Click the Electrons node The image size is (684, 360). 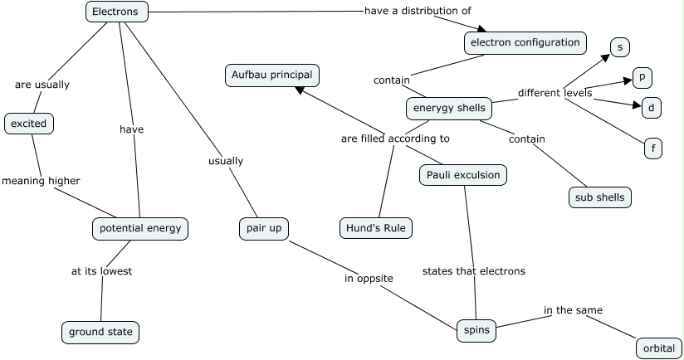[116, 12]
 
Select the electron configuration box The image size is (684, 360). [525, 42]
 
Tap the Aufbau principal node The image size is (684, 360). [271, 75]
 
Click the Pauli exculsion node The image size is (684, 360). [461, 175]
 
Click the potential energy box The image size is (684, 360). [140, 228]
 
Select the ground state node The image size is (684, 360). [100, 333]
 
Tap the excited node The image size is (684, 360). [29, 124]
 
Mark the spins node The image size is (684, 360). [476, 330]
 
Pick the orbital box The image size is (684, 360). [659, 348]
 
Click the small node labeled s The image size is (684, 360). [619, 46]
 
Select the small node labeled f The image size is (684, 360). [653, 149]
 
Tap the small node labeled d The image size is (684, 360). [652, 107]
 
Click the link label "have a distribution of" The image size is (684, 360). [418, 11]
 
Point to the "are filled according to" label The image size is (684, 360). [395, 139]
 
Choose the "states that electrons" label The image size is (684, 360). [473, 270]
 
